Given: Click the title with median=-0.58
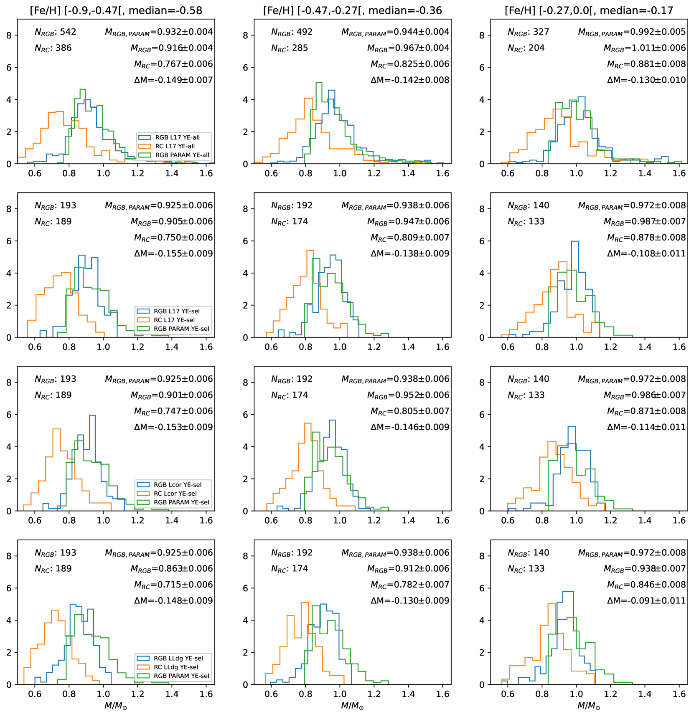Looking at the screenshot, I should coord(116,10).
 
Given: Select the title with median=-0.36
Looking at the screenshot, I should coord(352,10).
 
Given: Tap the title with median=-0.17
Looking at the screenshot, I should coord(589,10).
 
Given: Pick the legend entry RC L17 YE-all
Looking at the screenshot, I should coord(175,146).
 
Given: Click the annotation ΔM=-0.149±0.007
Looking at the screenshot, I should coord(173,80).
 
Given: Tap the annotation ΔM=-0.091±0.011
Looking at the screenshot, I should coord(646,600).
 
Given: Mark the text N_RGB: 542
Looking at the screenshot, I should coord(56,32).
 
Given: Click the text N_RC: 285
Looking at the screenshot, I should coord(290,48).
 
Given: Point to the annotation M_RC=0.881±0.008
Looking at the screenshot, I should coord(646,64).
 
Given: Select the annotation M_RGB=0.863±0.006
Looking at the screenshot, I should coord(172,569).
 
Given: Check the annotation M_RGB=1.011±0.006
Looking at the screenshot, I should coord(645,48).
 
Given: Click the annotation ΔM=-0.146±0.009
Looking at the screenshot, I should coord(410,427).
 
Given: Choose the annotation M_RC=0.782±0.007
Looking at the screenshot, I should coord(410,585).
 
